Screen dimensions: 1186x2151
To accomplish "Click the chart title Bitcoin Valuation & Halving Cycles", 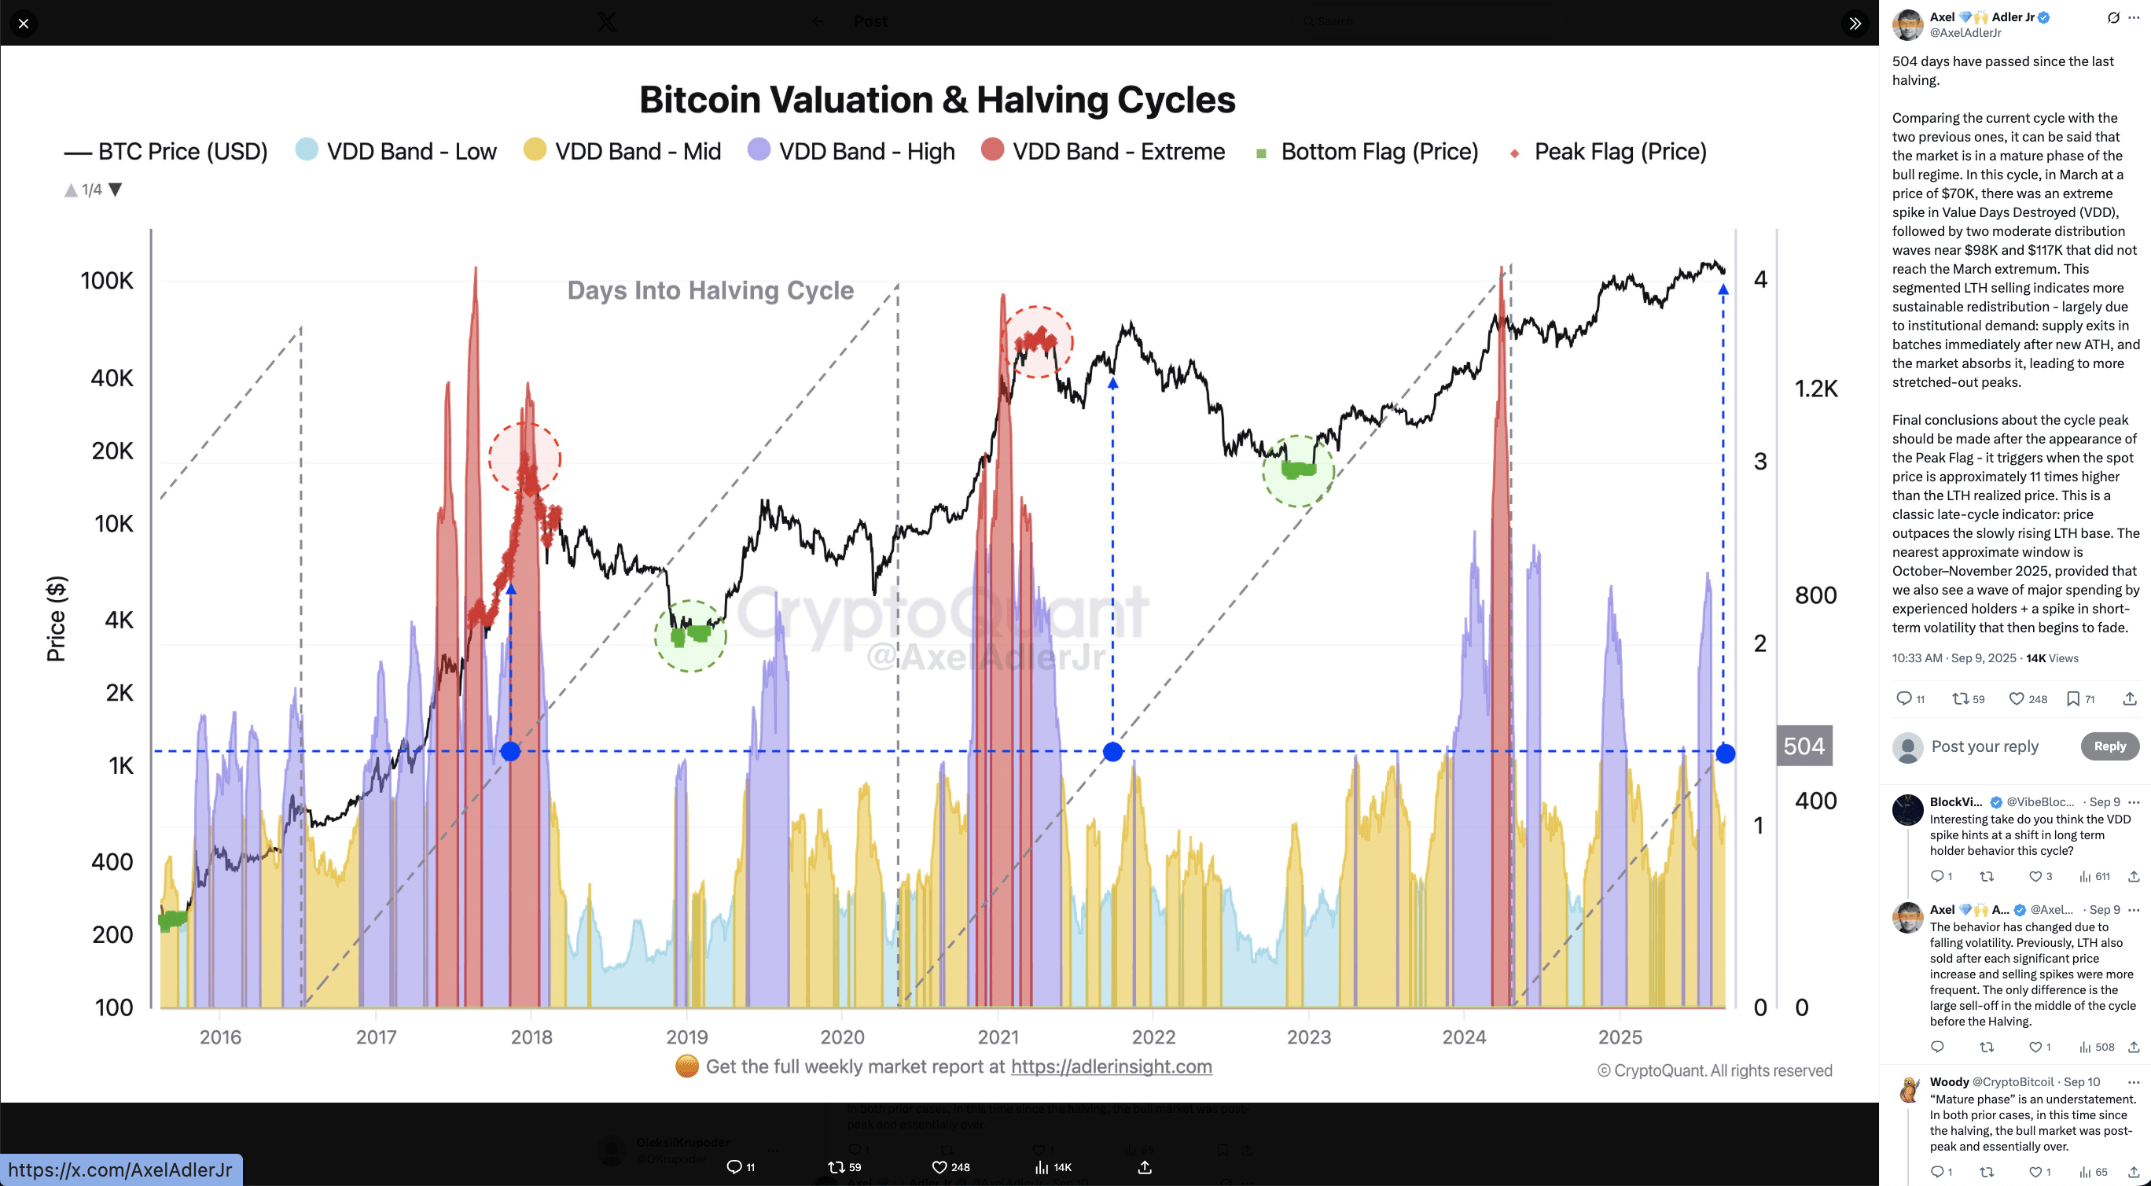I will [x=937, y=99].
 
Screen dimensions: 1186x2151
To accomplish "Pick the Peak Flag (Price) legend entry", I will [x=1608, y=151].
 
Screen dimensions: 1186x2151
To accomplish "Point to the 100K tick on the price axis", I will [x=107, y=281].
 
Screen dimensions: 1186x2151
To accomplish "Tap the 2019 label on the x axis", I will [x=686, y=1037].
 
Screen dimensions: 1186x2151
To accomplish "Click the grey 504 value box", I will [x=1804, y=746].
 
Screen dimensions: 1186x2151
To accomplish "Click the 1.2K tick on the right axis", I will [x=1816, y=389].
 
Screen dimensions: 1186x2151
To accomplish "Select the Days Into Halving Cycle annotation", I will [x=710, y=290].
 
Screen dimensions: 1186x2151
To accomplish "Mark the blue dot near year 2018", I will [x=510, y=752].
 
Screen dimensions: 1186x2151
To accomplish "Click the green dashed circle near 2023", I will [x=1298, y=471].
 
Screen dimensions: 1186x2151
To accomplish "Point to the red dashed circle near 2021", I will [x=1037, y=342].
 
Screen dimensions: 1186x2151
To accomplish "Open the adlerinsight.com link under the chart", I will [x=1111, y=1066].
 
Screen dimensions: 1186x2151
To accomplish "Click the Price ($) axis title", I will [x=56, y=618].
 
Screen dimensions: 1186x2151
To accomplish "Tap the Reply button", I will [x=2109, y=746].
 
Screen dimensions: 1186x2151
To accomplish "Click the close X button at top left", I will [x=24, y=24].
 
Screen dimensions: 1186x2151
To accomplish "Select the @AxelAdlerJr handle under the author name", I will [x=1965, y=33].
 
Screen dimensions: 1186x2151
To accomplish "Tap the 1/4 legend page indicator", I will [x=92, y=190].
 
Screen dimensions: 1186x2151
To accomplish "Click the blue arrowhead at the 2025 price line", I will [x=1723, y=290].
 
